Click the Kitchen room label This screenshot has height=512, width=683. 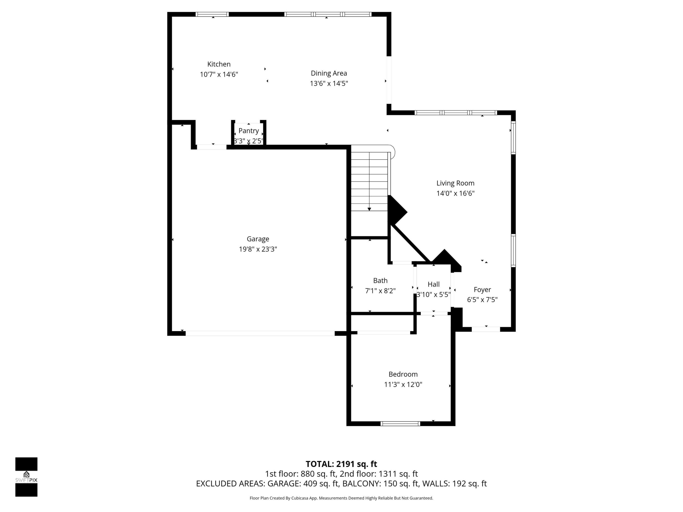pyautogui.click(x=219, y=64)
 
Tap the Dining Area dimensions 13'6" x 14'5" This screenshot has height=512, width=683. pyautogui.click(x=329, y=83)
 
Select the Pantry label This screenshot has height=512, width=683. pyautogui.click(x=249, y=131)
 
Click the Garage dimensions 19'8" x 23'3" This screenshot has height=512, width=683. pyautogui.click(x=258, y=249)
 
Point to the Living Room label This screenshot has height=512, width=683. pyautogui.click(x=455, y=183)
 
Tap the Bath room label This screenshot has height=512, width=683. pyautogui.click(x=380, y=281)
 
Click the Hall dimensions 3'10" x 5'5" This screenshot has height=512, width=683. pyautogui.click(x=433, y=294)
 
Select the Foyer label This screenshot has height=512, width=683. pyautogui.click(x=482, y=289)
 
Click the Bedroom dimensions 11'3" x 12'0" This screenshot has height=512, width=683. pyautogui.click(x=403, y=384)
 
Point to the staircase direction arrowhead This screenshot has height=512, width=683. pyautogui.click(x=369, y=209)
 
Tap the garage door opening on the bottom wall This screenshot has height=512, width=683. pyautogui.click(x=260, y=333)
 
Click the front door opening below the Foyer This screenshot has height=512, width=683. pyautogui.click(x=486, y=329)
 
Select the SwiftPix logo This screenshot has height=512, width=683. pyautogui.click(x=26, y=477)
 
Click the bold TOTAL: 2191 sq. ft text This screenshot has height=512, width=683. pyautogui.click(x=341, y=464)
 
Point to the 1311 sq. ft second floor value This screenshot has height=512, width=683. pyautogui.click(x=398, y=474)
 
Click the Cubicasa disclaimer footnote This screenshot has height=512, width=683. pyautogui.click(x=341, y=498)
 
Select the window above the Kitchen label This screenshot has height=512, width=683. pyautogui.click(x=212, y=14)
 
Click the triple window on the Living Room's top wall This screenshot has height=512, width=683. pyautogui.click(x=456, y=113)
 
